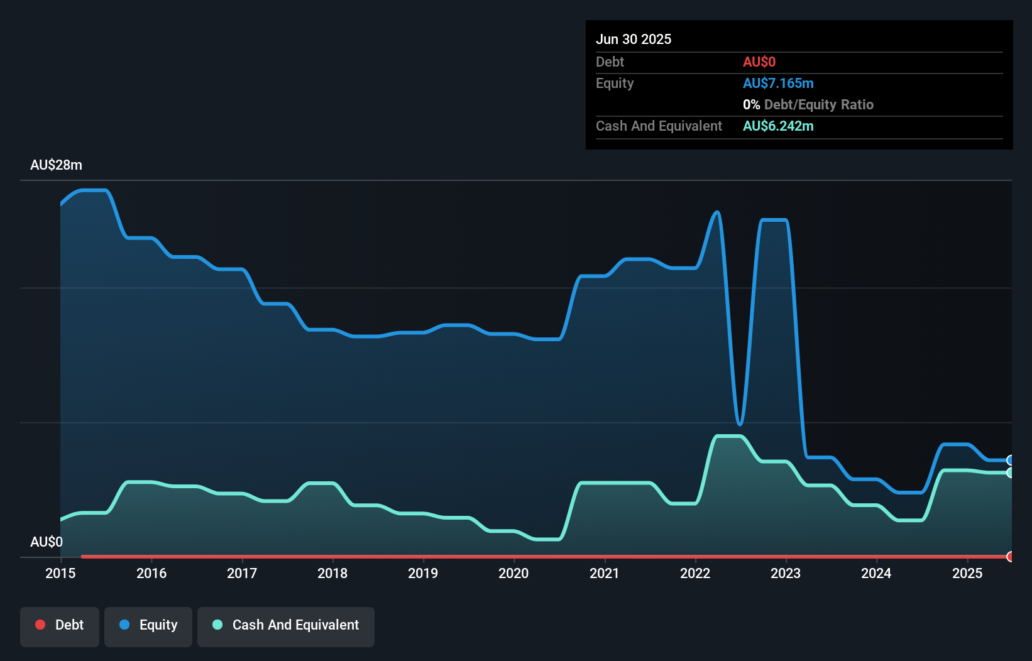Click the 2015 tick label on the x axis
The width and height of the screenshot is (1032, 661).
(x=60, y=573)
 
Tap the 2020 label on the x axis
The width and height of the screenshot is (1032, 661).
(x=513, y=573)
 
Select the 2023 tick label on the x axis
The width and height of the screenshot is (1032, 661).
(x=786, y=573)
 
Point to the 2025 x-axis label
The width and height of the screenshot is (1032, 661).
(x=967, y=573)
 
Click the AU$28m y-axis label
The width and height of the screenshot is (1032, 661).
(x=56, y=165)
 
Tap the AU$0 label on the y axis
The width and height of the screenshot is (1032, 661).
(x=47, y=542)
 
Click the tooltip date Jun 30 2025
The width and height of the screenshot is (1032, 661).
(x=634, y=39)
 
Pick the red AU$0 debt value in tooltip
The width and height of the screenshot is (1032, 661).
(x=759, y=62)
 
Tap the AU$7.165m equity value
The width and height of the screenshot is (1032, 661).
(x=778, y=83)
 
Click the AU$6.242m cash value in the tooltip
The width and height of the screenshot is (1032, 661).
(x=778, y=126)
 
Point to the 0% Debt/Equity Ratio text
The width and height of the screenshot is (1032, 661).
(x=808, y=104)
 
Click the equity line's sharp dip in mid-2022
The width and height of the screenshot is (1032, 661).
(x=740, y=424)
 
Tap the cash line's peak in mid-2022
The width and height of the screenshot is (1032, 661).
(x=729, y=436)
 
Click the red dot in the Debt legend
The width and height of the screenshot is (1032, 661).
(x=40, y=625)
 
